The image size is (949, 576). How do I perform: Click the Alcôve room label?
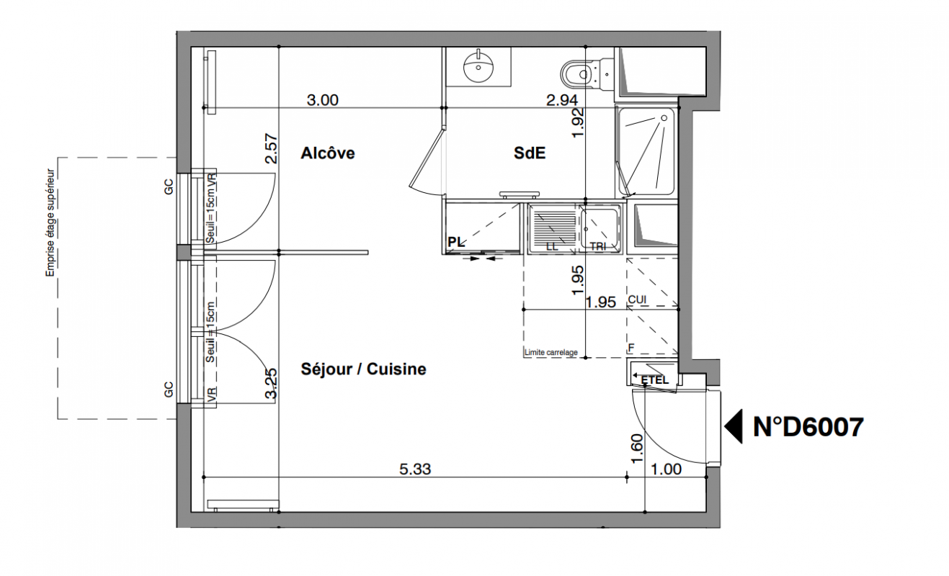pyautogui.click(x=327, y=153)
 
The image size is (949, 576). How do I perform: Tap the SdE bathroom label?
pyautogui.click(x=530, y=153)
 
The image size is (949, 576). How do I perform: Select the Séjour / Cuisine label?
pyautogui.click(x=363, y=369)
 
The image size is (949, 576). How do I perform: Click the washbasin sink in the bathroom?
pyautogui.click(x=478, y=67)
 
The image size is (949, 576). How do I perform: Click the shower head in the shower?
pyautogui.click(x=664, y=118)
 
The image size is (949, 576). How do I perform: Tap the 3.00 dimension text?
pyautogui.click(x=322, y=100)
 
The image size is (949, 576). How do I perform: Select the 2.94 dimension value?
pyautogui.click(x=562, y=100)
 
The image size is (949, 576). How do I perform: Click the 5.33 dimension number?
pyautogui.click(x=415, y=469)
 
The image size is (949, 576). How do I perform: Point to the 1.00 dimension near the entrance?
pyautogui.click(x=666, y=469)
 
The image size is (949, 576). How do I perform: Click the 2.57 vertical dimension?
pyautogui.click(x=271, y=148)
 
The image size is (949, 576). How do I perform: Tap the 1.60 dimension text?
pyautogui.click(x=637, y=449)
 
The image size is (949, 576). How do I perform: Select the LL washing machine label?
pyautogui.click(x=552, y=246)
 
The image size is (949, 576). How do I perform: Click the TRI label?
pyautogui.click(x=598, y=246)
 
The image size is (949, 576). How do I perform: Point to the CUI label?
pyautogui.click(x=637, y=300)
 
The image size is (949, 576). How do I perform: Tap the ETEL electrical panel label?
pyautogui.click(x=654, y=380)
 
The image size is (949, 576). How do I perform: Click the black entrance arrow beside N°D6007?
pyautogui.click(x=734, y=426)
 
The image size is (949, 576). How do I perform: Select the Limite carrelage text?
pyautogui.click(x=551, y=352)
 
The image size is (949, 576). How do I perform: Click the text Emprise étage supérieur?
pyautogui.click(x=50, y=223)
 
